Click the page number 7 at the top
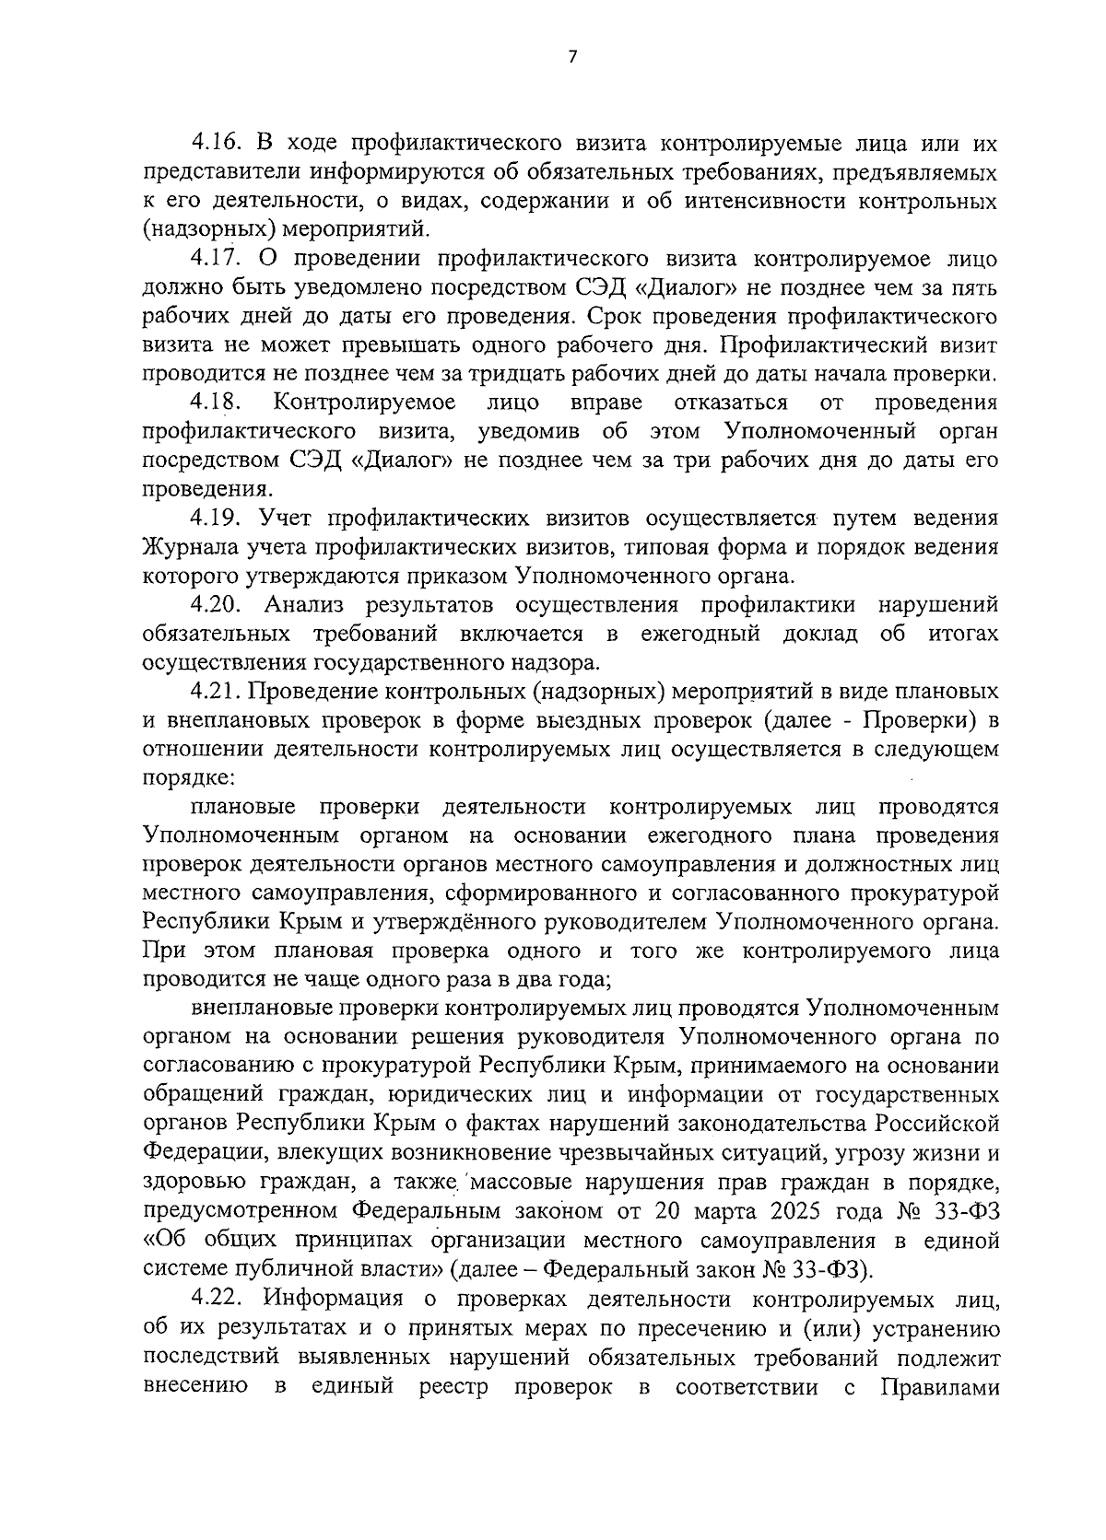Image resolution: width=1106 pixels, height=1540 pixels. (x=571, y=57)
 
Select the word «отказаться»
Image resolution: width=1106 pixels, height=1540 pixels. (x=731, y=402)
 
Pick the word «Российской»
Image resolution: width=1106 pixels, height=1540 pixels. (x=937, y=1124)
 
